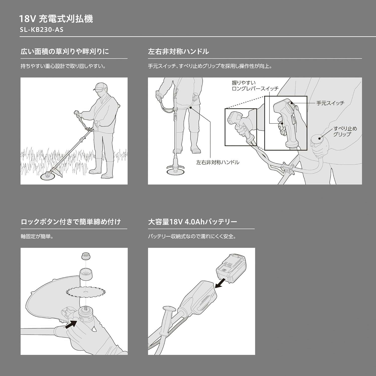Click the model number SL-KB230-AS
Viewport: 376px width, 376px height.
pos(42,30)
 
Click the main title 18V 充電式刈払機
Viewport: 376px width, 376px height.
pos(56,19)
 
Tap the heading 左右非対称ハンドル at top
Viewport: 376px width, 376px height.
pos(178,52)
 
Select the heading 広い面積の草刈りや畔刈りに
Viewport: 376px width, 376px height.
pos(65,52)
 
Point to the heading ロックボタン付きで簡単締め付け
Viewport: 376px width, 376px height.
pos(71,222)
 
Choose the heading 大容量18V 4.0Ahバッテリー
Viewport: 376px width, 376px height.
pos(193,222)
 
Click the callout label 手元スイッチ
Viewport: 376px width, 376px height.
pos(330,103)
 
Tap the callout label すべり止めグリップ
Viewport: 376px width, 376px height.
pos(345,131)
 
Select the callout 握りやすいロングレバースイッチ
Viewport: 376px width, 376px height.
pos(255,86)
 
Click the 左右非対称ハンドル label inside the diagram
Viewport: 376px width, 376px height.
pos(218,162)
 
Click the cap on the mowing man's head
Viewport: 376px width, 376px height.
pos(100,86)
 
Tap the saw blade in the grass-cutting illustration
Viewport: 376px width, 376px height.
pos(47,176)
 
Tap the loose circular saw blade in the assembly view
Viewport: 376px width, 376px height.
pos(86,292)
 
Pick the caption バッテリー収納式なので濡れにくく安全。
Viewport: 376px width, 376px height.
pos(192,236)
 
